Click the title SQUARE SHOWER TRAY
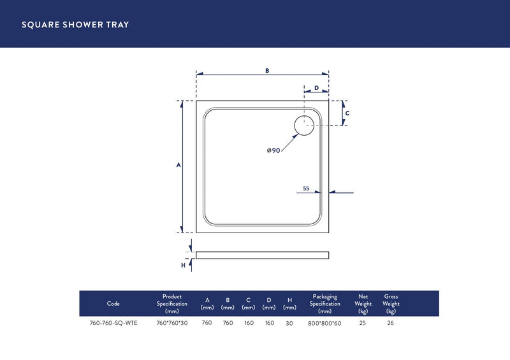click(x=75, y=25)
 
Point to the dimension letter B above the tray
click(x=267, y=71)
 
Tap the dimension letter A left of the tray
click(x=178, y=165)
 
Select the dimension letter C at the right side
click(x=347, y=113)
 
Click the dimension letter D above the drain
click(x=316, y=88)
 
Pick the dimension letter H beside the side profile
click(x=183, y=265)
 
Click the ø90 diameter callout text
click(x=273, y=150)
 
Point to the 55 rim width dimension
click(x=306, y=189)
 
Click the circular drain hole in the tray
click(x=304, y=126)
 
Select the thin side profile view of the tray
click(x=262, y=255)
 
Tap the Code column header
click(x=113, y=304)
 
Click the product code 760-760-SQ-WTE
click(x=113, y=323)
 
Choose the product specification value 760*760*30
click(x=172, y=323)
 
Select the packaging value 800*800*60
click(x=325, y=323)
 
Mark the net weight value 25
click(x=363, y=323)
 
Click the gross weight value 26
click(x=391, y=323)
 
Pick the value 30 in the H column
click(x=289, y=323)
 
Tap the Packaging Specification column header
click(x=325, y=303)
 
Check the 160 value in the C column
click(x=248, y=323)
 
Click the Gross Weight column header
click(x=391, y=303)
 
